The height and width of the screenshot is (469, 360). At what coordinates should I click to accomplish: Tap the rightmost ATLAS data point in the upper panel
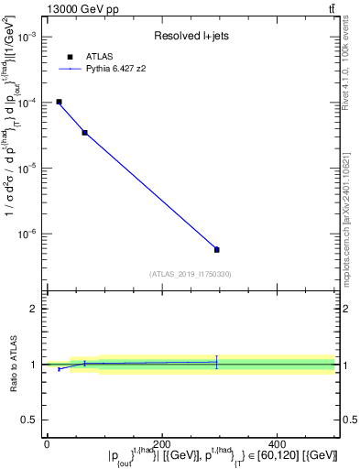[217, 249]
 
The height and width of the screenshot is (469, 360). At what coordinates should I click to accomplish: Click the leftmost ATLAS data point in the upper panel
[59, 102]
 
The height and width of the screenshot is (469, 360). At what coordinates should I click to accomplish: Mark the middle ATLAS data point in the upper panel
[84, 133]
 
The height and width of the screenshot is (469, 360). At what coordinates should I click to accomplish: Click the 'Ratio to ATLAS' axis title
[13, 365]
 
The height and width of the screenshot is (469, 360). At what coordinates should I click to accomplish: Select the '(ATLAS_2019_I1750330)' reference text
[190, 274]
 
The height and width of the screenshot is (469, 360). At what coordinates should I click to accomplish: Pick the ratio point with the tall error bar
[217, 362]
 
